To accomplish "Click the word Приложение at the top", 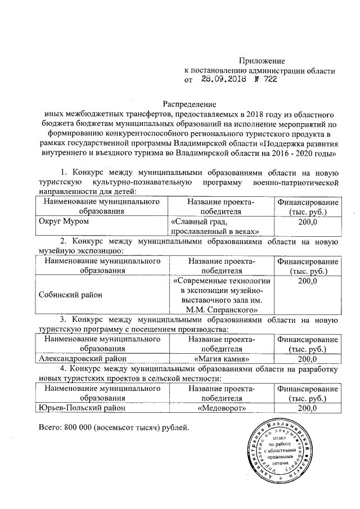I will point(262,60).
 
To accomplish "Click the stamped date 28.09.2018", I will point(221,80).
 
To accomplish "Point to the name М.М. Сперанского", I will point(222,309).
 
